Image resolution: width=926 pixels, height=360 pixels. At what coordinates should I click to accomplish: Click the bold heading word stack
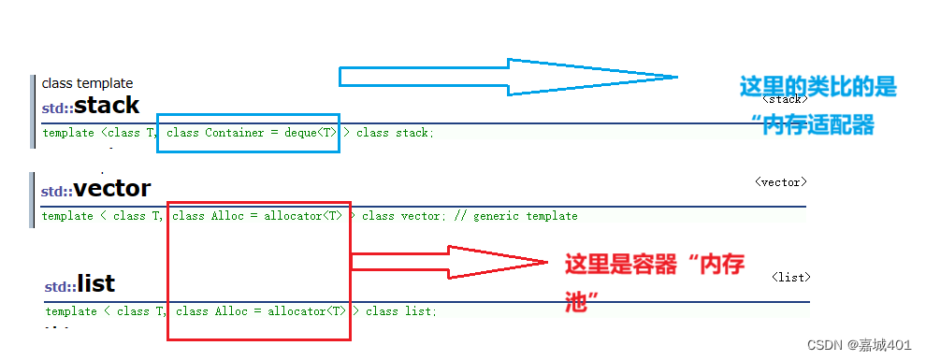[x=107, y=106]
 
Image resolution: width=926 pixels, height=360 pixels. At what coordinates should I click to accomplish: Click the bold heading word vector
[x=111, y=189]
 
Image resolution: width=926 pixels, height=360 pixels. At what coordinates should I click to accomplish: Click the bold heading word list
[x=95, y=284]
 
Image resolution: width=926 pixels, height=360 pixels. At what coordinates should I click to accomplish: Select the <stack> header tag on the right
[x=784, y=98]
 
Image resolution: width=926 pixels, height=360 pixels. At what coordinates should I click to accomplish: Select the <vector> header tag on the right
[x=780, y=182]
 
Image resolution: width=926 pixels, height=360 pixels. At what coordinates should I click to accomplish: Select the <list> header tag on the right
[x=790, y=277]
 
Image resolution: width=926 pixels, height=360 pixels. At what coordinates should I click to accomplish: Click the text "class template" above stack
[x=87, y=83]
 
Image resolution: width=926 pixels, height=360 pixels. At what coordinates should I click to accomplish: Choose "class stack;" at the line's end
[x=395, y=133]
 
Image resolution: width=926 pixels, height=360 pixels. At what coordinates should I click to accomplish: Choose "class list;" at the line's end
[x=400, y=310]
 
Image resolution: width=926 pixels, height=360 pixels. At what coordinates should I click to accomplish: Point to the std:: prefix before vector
[x=56, y=192]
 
